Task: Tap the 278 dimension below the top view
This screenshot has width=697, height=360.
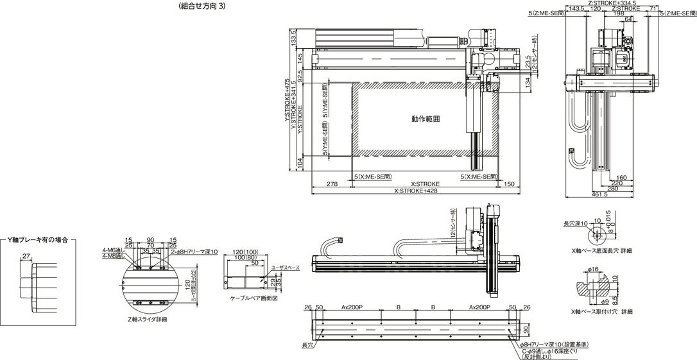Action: click(332, 184)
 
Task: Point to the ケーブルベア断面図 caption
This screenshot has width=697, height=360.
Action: click(253, 298)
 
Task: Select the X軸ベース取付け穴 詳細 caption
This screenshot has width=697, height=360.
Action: click(601, 311)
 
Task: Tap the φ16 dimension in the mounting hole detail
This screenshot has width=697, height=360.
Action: click(592, 269)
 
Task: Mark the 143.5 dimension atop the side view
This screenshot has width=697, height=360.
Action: click(576, 9)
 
